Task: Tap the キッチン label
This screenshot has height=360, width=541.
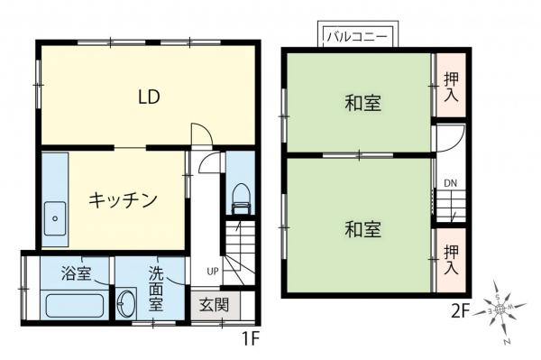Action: pos(124,198)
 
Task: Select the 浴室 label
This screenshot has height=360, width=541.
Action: pos(76,273)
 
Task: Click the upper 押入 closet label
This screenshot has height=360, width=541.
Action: pos(451,86)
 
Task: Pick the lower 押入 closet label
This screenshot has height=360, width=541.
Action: pos(451,259)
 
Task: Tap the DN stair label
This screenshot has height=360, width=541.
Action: pos(450,186)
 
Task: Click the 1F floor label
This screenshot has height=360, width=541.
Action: pos(252,341)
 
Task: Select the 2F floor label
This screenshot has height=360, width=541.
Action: pos(461,311)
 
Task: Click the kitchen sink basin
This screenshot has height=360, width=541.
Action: pos(56,217)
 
